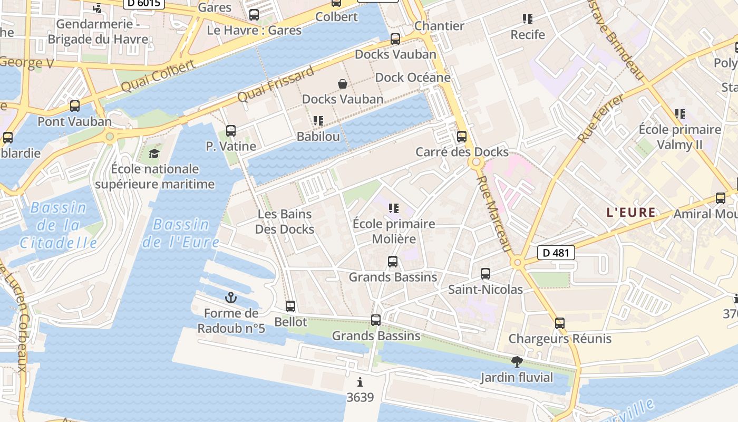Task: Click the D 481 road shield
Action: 556,253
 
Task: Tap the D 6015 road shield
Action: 144,3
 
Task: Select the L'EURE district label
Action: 631,213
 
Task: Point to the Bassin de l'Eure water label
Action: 181,233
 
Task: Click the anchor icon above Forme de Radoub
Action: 231,298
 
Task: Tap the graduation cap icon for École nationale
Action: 154,154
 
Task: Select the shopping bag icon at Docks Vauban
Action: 343,83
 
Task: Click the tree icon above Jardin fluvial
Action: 517,362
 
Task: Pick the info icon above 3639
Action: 360,382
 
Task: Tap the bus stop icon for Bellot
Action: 290,306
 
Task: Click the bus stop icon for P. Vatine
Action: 230,131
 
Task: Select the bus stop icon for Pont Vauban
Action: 75,105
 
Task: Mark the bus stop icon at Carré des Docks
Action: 462,137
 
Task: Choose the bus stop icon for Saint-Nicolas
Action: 485,274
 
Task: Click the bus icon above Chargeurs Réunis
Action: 560,323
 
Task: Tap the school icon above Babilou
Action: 318,121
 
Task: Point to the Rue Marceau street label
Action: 494,214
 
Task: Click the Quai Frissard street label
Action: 275,84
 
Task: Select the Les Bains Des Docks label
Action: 285,222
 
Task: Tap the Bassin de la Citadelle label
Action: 58,225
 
